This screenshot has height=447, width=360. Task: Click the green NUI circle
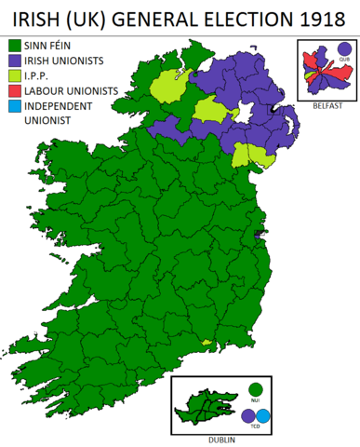[255, 389]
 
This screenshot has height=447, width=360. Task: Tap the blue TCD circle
[263, 416]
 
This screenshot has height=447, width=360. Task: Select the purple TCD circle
[248, 416]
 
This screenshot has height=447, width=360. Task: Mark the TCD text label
[256, 428]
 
